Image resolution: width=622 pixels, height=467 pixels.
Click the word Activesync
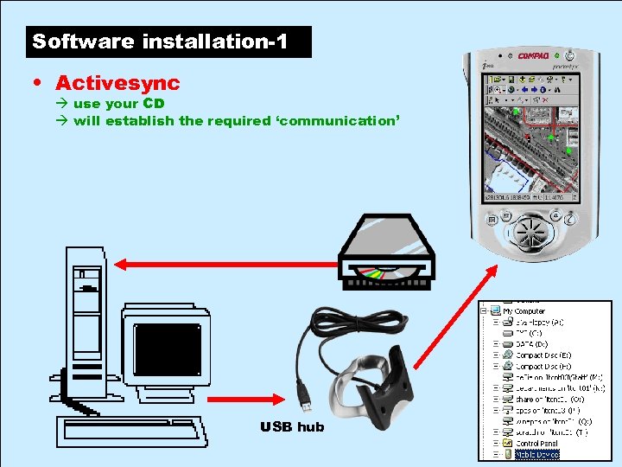pos(117,83)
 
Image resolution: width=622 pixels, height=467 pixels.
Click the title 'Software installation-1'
pos(159,41)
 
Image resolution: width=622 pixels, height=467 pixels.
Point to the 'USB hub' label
pos(292,426)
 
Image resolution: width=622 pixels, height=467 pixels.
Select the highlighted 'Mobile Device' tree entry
pos(537,453)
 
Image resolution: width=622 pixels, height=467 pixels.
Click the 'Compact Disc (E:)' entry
pos(543,355)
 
